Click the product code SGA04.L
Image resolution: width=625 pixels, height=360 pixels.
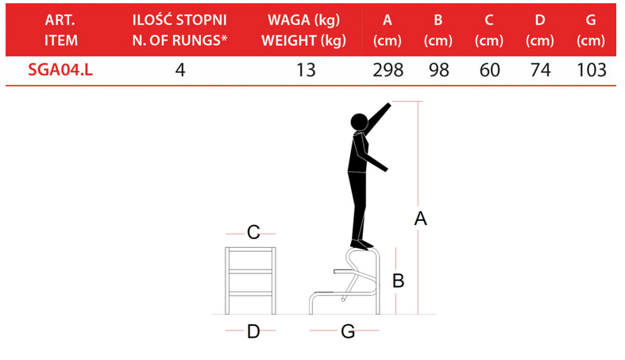click(x=60, y=70)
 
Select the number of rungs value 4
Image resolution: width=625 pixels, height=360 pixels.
click(x=180, y=70)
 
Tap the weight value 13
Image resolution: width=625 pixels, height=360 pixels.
click(x=306, y=70)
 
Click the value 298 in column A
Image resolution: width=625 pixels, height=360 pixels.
click(x=388, y=70)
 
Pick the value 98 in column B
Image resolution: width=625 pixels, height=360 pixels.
click(x=439, y=70)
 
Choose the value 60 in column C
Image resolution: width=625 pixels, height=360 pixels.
click(x=489, y=70)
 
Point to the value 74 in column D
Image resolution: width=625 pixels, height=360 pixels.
click(x=541, y=70)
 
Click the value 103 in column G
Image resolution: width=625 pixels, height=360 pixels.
click(x=592, y=70)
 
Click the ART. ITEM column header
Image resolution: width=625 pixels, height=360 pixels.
click(x=60, y=30)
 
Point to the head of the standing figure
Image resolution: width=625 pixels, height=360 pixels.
click(x=359, y=122)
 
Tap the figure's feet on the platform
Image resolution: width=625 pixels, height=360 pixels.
click(x=361, y=245)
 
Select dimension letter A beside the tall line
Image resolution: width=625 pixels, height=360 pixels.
click(x=421, y=219)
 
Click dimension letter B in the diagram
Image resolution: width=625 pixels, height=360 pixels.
click(x=398, y=281)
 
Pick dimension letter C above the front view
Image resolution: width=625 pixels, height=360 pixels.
click(x=253, y=232)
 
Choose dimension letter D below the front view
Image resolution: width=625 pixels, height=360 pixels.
click(x=253, y=331)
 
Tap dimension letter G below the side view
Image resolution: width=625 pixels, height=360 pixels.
click(x=348, y=331)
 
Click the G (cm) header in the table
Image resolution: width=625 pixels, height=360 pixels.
click(x=591, y=30)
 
